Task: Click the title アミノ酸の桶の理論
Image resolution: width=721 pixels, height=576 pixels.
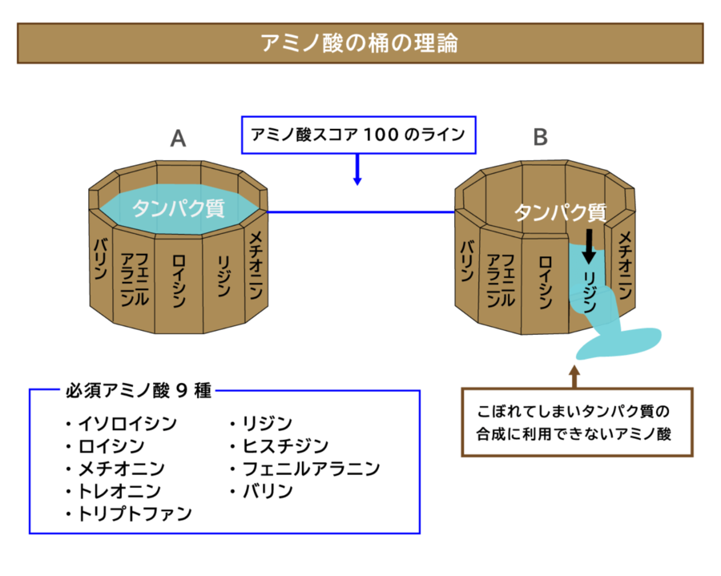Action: point(360,42)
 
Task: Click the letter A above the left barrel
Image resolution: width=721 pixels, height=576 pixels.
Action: point(178,139)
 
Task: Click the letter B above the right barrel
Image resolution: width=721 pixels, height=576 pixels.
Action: point(541,138)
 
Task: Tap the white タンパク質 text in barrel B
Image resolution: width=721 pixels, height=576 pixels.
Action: point(559,212)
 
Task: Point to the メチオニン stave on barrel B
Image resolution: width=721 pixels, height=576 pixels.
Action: point(624,264)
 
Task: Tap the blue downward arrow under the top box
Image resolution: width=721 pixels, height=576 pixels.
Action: point(357,171)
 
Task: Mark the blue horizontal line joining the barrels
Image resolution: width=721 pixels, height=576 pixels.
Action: point(360,212)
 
